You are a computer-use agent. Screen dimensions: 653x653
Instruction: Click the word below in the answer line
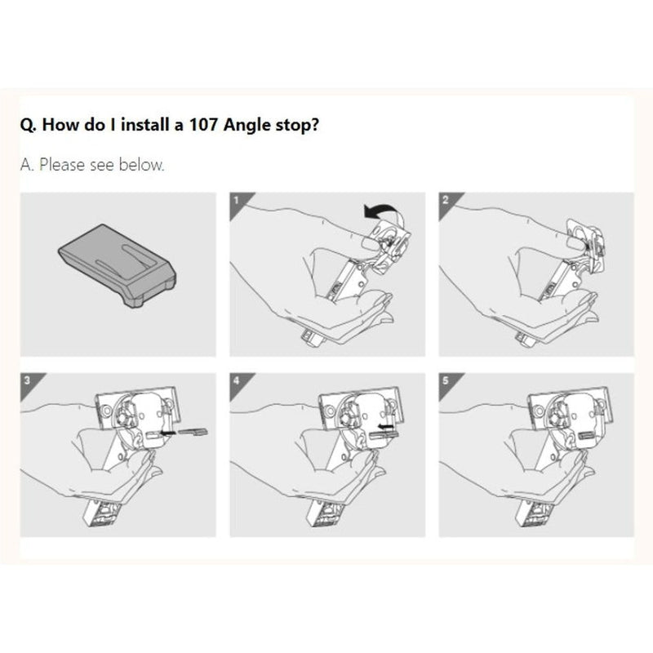click(144, 165)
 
